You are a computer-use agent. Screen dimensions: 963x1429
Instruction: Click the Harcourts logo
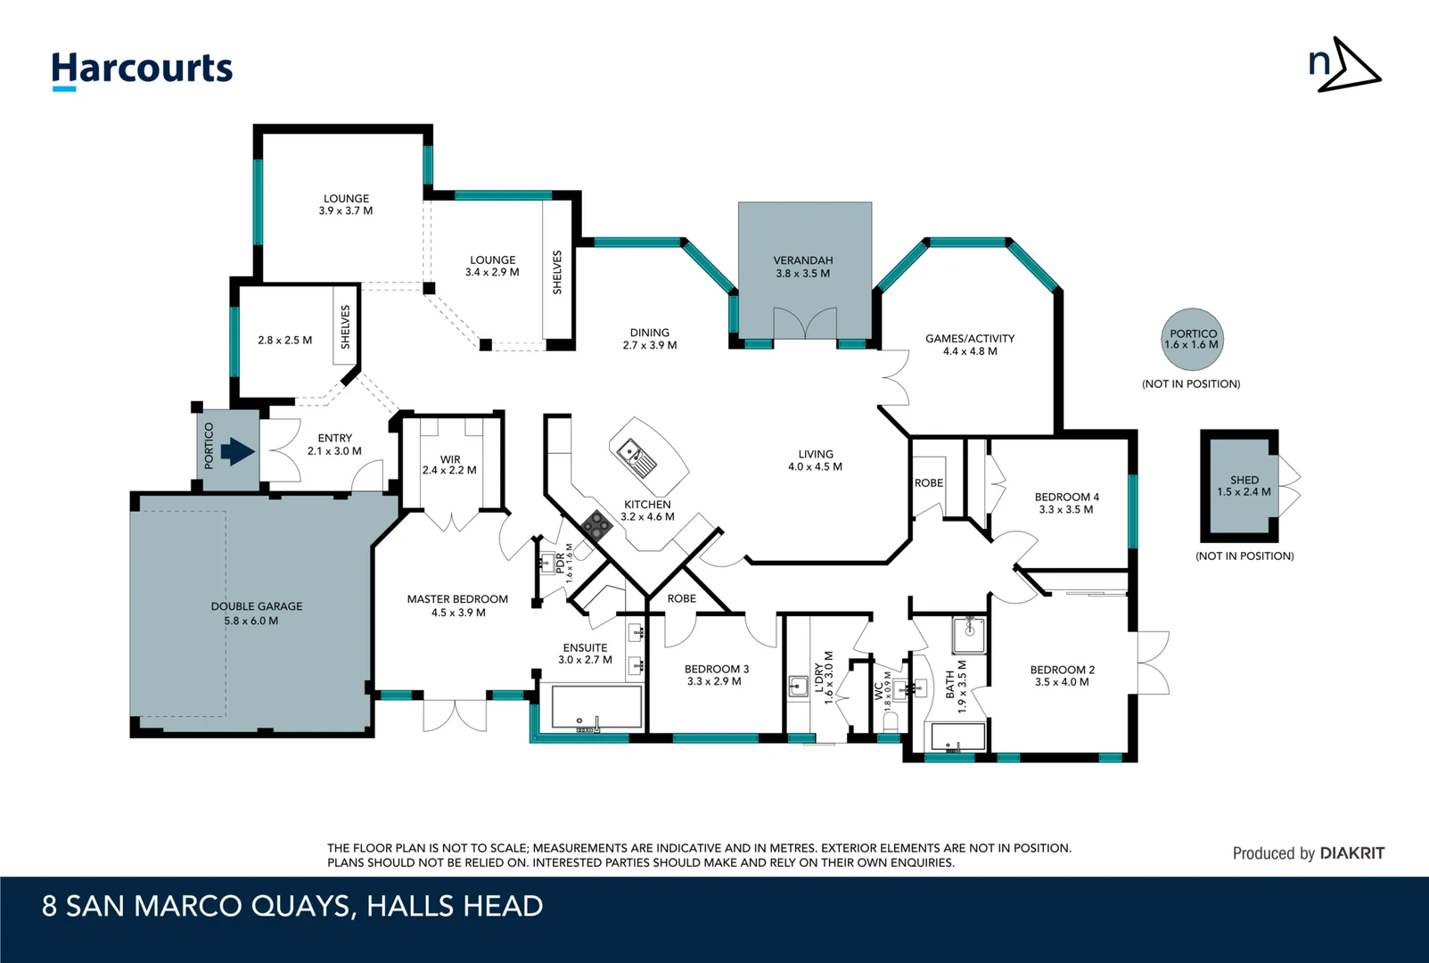coord(142,70)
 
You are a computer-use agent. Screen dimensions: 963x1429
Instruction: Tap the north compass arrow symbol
coord(1345,65)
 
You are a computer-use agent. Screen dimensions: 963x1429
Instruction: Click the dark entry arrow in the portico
coord(237,451)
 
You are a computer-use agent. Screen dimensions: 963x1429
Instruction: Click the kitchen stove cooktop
coord(596,525)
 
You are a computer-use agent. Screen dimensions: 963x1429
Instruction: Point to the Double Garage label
coord(257,606)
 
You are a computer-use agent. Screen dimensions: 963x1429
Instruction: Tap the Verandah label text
coord(803,260)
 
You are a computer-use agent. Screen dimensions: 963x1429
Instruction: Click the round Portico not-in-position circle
coord(1193,340)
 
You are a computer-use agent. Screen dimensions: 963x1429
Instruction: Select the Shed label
coord(1244,480)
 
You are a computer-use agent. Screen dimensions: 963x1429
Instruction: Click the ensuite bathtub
coord(596,707)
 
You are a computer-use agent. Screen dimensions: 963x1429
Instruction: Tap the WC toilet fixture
coord(890,720)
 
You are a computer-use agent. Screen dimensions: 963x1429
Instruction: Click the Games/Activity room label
coord(970,339)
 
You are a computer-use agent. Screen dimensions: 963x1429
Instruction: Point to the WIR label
coord(450,459)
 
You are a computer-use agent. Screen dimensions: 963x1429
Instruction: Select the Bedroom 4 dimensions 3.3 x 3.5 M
coord(1066,510)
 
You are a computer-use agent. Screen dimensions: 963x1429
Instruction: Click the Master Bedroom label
coord(457,599)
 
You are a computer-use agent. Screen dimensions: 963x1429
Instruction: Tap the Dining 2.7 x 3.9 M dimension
coord(650,345)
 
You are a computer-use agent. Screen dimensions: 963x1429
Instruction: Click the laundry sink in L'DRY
coord(798,686)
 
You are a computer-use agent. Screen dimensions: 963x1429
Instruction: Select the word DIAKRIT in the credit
coord(1352,853)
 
